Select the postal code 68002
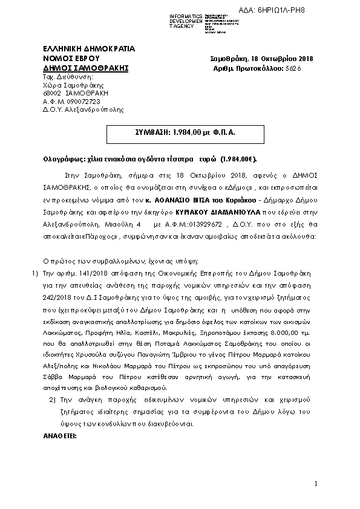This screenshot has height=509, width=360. click(52, 94)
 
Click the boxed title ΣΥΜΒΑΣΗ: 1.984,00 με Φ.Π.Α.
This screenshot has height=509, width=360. click(179, 131)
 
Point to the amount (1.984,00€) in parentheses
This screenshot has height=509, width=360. click(238, 158)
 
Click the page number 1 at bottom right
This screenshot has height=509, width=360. click(315, 482)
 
